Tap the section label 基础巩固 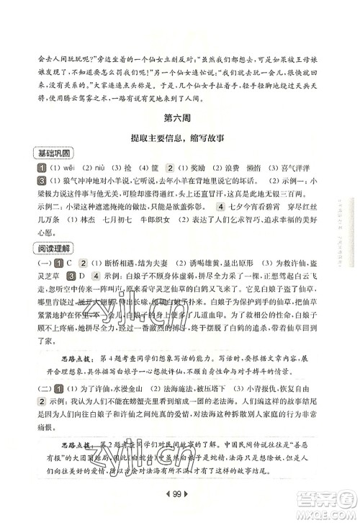[54, 155]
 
